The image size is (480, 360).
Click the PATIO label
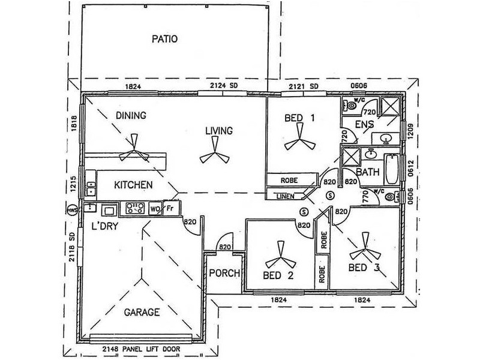click(164, 39)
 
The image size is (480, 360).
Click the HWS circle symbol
click(73, 210)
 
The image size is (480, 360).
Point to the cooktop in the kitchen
click(135, 208)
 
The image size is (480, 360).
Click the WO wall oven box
click(155, 209)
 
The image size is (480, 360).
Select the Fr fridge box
click(170, 208)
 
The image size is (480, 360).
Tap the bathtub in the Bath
click(392, 169)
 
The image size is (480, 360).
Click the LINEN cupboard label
click(286, 196)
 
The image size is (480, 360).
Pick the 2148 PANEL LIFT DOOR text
click(141, 349)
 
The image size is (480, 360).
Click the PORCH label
click(224, 273)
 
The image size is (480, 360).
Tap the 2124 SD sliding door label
click(224, 85)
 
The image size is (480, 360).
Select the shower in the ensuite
click(389, 106)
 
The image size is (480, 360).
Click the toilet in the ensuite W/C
click(350, 106)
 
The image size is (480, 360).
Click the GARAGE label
click(142, 312)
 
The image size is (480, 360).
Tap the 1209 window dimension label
click(411, 131)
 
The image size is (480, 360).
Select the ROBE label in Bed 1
click(289, 181)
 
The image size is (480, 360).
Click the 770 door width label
click(365, 197)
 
